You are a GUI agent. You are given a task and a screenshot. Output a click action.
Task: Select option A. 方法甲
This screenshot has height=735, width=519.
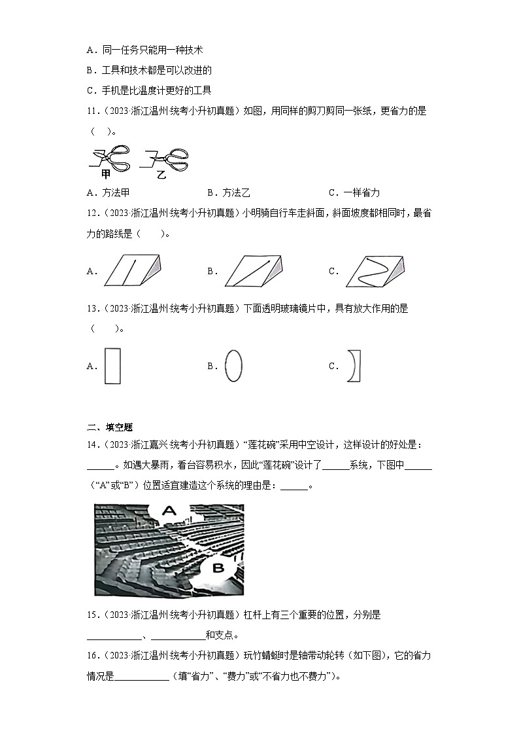(x=109, y=192)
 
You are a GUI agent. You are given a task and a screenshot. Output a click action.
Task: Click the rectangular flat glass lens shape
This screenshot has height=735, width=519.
(x=112, y=367)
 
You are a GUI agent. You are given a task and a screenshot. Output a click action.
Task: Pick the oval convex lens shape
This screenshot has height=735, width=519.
(x=233, y=365)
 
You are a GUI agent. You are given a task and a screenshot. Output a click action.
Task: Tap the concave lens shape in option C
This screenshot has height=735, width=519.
(x=355, y=366)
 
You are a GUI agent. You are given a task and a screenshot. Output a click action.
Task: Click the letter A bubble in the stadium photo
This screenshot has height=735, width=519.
(x=169, y=511)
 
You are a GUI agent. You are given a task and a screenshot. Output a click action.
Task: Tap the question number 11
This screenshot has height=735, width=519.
(x=92, y=111)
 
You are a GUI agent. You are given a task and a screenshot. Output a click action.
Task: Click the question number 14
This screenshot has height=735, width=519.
(x=92, y=445)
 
